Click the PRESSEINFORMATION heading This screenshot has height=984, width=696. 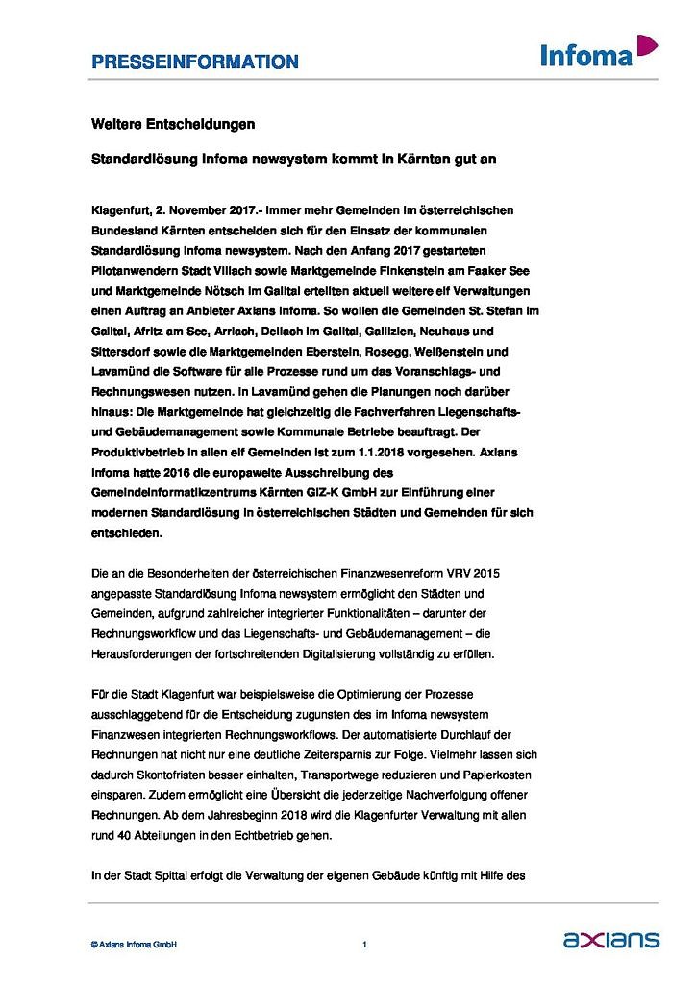tap(195, 62)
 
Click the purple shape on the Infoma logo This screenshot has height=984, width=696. tap(647, 44)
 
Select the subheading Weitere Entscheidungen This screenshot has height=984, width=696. tap(173, 125)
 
